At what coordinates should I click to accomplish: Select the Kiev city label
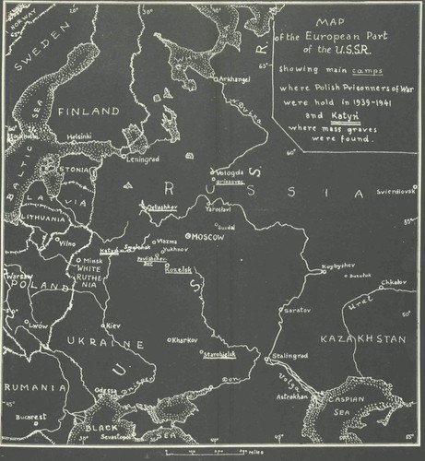tap(113, 326)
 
